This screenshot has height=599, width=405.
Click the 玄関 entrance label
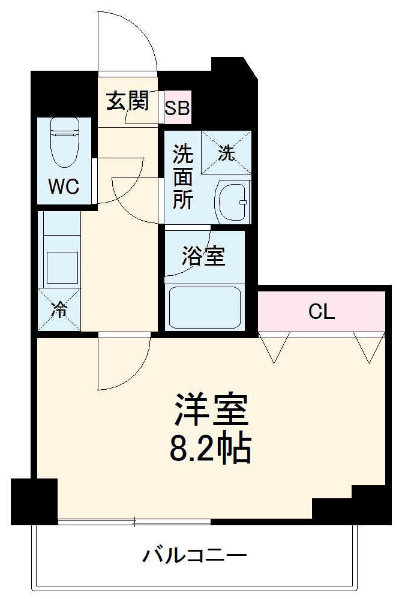127,101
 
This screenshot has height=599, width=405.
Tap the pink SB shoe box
178,108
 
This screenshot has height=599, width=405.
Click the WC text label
64,188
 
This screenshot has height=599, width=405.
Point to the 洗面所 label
182,177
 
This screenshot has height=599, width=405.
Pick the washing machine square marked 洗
226,153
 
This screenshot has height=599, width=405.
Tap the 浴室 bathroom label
203,257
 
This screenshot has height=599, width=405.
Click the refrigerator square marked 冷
59,309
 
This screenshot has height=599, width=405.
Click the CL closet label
321,312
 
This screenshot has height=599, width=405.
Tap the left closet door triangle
274,347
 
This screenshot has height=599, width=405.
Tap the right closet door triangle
368,347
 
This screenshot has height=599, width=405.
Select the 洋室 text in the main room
211,410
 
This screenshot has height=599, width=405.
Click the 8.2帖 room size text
211,449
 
